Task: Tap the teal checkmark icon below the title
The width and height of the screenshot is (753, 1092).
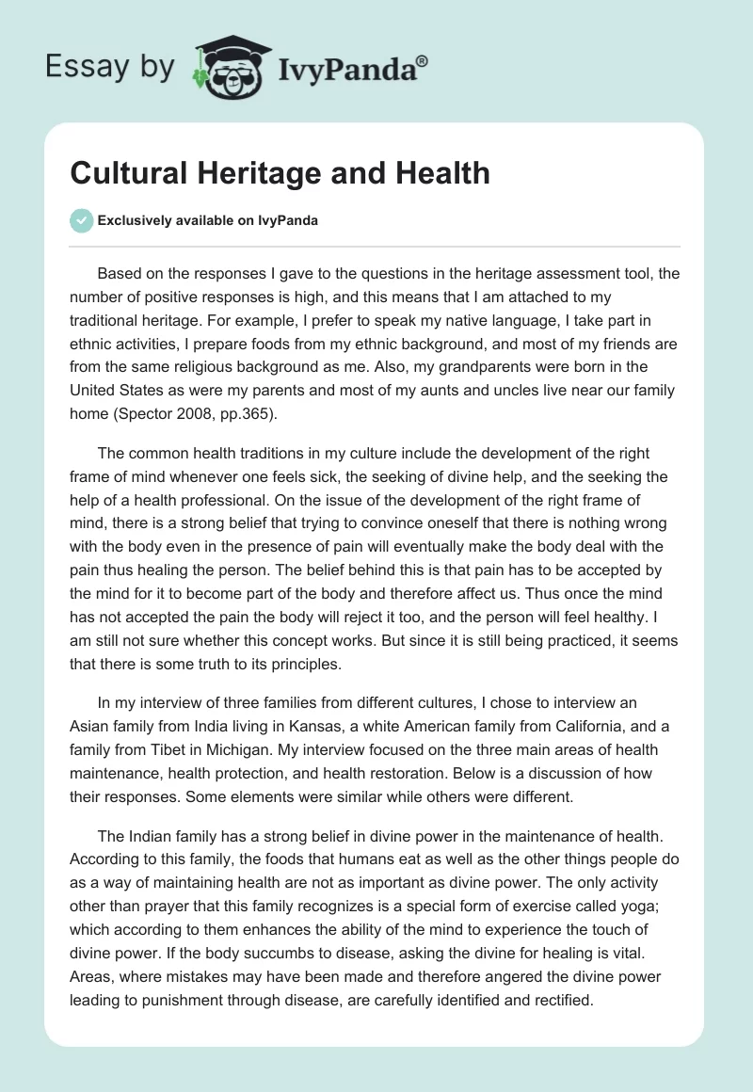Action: tap(81, 220)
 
